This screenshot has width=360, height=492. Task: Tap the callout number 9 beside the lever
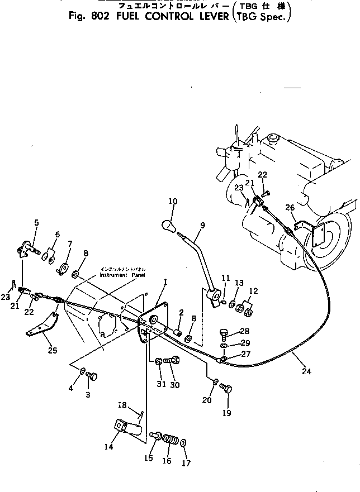click(202, 225)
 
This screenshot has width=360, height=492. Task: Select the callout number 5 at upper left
click(36, 223)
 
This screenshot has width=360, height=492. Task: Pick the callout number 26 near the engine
click(289, 208)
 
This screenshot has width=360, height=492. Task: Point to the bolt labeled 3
click(92, 378)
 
